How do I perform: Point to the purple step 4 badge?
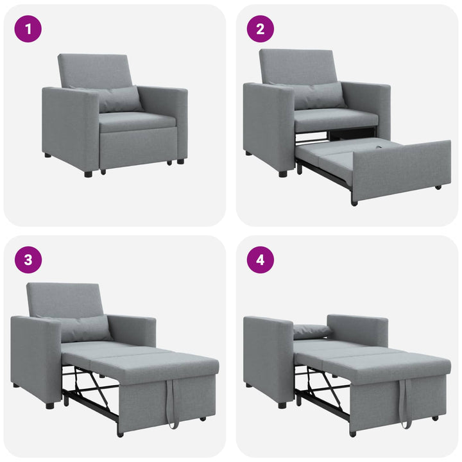coord(261,260)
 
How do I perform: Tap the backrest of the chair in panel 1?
coord(95,69)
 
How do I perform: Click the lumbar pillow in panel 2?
coord(318,96)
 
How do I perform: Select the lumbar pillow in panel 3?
coord(83,329)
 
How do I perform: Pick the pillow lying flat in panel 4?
coord(312,331)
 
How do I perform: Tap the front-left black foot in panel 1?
coord(88,173)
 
